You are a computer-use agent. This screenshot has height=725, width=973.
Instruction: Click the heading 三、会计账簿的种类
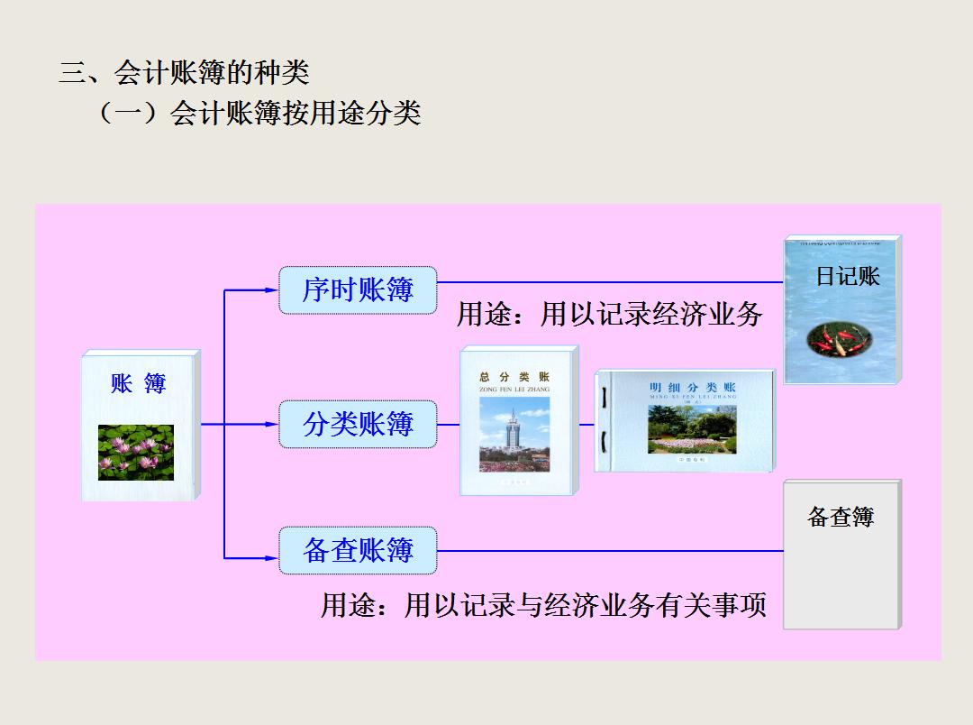tap(185, 71)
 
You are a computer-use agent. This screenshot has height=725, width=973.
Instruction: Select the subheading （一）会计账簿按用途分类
tap(257, 114)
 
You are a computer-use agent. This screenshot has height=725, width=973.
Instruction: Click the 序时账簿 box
tap(358, 290)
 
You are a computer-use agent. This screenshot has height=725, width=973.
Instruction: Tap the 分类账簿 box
tap(358, 424)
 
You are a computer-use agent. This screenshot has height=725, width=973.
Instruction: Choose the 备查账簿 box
tap(358, 551)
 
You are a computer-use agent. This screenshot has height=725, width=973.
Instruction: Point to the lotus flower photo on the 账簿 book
tap(136, 453)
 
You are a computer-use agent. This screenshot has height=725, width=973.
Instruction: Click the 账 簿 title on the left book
tap(139, 384)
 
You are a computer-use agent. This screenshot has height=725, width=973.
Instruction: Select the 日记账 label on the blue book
tap(847, 276)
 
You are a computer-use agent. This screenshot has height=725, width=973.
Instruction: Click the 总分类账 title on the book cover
tap(514, 377)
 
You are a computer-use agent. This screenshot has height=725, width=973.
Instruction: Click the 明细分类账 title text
tap(692, 388)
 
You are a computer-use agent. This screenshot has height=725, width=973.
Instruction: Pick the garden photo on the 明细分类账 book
tap(691, 428)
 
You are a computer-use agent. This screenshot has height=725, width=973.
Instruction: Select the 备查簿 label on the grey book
tap(841, 517)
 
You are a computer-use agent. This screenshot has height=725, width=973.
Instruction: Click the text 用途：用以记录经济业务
tap(609, 314)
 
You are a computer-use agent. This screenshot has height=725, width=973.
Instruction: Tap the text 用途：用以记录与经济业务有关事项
tap(543, 604)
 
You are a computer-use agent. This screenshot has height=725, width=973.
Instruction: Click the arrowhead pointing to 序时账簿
tap(272, 290)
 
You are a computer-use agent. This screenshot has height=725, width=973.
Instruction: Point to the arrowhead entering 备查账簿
tap(272, 558)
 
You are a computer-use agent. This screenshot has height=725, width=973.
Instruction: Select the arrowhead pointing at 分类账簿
tap(272, 424)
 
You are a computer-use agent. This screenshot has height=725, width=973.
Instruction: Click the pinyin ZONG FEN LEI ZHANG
tap(514, 390)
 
